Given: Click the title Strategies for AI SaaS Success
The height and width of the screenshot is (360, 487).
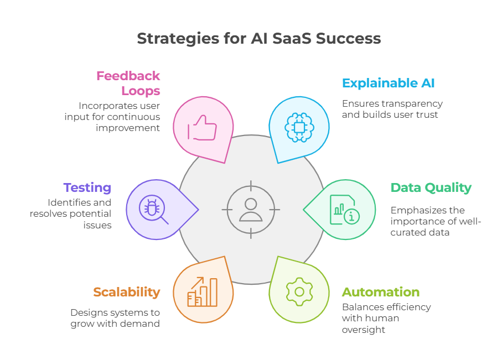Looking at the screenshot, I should click(259, 38).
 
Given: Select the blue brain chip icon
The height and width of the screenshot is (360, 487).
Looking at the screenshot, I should click(299, 129).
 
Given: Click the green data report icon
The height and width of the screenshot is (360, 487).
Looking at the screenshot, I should click(344, 210).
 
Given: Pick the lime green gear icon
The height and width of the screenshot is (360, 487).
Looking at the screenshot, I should click(299, 291).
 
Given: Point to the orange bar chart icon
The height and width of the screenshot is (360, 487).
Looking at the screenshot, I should click(203, 291).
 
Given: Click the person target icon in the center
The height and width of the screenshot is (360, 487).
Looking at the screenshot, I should click(251, 210).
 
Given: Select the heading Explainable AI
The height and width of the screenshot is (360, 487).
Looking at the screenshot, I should click(388, 84).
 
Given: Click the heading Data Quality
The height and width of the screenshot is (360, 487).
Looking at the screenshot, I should click(431, 188).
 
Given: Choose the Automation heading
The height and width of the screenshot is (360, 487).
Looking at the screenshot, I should click(380, 292).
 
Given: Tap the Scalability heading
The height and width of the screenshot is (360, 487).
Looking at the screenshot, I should click(127, 292).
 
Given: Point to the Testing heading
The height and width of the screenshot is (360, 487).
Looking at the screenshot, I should click(87, 188).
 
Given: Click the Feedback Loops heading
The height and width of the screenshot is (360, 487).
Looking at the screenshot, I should click(128, 83).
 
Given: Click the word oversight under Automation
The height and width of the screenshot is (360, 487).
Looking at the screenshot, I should click(363, 330).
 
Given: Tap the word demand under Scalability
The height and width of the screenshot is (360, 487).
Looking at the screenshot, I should click(143, 324).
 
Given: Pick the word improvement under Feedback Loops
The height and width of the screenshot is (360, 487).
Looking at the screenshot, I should click(128, 127).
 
